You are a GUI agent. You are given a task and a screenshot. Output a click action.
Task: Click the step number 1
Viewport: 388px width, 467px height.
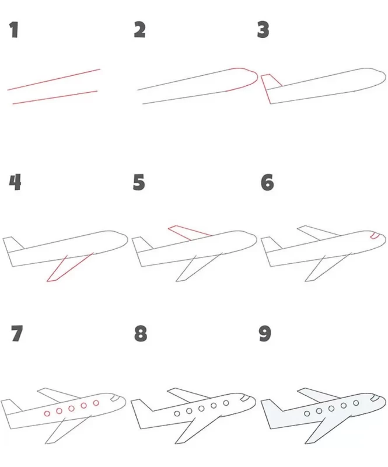(x=13, y=30)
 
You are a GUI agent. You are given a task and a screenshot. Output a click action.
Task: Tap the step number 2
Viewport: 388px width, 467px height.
(x=139, y=30)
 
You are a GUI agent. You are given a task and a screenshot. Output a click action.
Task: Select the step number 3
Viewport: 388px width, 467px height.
(x=263, y=30)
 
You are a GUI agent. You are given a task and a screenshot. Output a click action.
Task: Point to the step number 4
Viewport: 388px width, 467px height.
(x=15, y=182)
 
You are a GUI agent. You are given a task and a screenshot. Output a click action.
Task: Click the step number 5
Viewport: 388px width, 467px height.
(x=139, y=182)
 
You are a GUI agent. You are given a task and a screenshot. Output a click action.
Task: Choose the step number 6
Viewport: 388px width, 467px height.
(x=267, y=182)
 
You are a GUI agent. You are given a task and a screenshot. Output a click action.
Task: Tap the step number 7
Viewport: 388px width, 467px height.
(x=17, y=333)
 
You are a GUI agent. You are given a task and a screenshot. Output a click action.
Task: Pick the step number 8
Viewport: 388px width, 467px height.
(x=141, y=333)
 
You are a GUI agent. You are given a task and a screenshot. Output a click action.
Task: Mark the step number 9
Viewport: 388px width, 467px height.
(x=265, y=333)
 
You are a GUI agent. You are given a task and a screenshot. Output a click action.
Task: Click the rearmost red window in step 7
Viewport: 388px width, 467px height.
(x=47, y=414)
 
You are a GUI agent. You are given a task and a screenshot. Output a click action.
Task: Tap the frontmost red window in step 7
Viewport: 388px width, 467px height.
(x=96, y=403)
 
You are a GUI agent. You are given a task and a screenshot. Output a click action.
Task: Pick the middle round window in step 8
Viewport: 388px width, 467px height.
(x=201, y=408)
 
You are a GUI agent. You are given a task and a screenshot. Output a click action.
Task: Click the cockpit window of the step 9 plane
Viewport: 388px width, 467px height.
(x=375, y=398)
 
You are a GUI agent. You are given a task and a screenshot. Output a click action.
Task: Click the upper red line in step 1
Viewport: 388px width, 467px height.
(x=54, y=79)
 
